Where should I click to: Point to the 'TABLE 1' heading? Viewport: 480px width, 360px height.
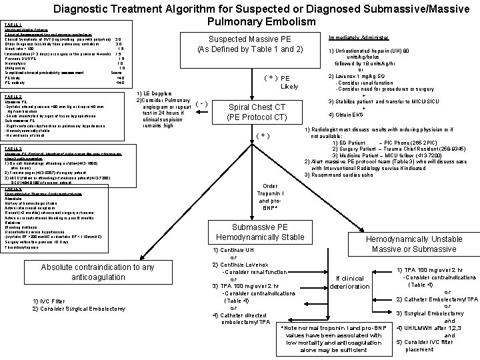point(13,23)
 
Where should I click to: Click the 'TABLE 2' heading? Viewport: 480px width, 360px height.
point(13,97)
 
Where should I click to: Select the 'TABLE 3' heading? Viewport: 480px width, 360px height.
point(13,148)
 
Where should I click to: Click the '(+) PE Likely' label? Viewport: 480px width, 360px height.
point(280,81)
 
